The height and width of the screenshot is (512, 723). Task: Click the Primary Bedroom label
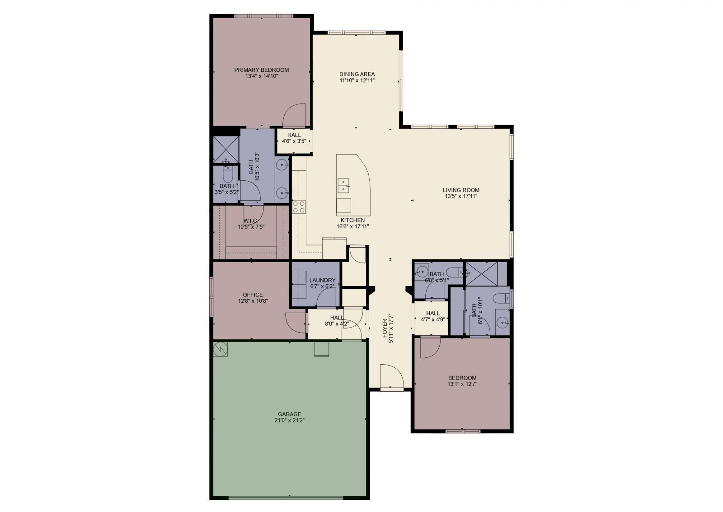[261, 70]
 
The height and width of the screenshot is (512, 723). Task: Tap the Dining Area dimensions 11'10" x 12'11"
[357, 80]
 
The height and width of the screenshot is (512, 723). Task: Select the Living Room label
[461, 190]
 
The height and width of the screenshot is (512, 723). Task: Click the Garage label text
[289, 414]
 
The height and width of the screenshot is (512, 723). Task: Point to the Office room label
[253, 295]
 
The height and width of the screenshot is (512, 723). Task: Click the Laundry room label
[322, 280]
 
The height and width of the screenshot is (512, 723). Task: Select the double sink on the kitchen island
[344, 185]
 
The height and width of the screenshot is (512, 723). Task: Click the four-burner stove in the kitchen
[299, 207]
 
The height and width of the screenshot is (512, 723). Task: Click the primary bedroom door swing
[294, 116]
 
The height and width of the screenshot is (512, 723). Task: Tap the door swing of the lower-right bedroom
[430, 348]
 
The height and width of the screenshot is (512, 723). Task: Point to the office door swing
[296, 323]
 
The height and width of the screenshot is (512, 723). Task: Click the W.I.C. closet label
[250, 221]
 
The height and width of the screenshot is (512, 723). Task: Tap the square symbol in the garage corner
[221, 349]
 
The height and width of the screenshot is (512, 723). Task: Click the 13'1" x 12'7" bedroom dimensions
[462, 384]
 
